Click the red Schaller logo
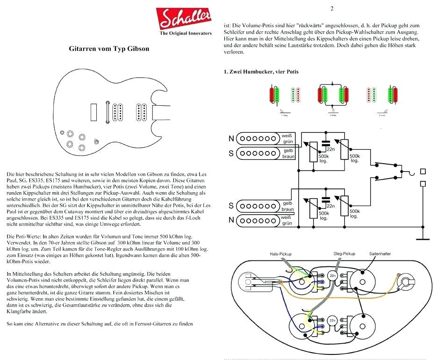pyautogui.click(x=186, y=19)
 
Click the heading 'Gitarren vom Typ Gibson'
pyautogui.click(x=109, y=49)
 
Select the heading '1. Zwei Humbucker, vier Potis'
pyautogui.click(x=261, y=72)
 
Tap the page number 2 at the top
pyautogui.click(x=332, y=8)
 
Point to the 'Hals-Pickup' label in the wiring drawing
pyautogui.click(x=280, y=254)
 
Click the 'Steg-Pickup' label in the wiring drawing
pyautogui.click(x=344, y=254)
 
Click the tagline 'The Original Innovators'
pyautogui.click(x=186, y=34)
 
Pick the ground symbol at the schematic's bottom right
pyautogui.click(x=423, y=239)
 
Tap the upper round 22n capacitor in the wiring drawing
pyautogui.click(x=333, y=275)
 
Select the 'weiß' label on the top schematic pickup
pyautogui.click(x=286, y=135)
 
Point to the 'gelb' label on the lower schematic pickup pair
pyautogui.click(x=288, y=203)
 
